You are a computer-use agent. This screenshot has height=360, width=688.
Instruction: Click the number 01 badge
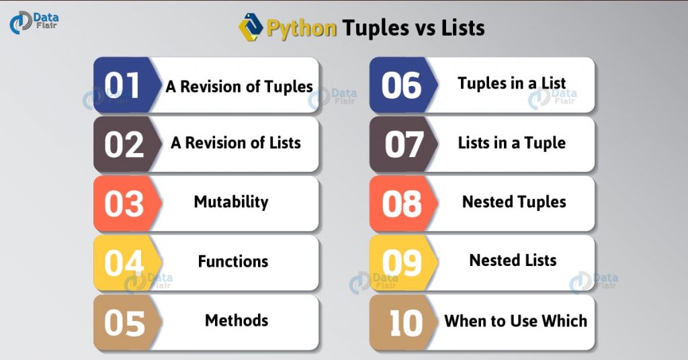click(x=123, y=85)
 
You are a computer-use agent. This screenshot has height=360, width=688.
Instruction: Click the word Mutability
click(x=231, y=201)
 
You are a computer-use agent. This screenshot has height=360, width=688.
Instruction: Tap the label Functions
click(x=232, y=261)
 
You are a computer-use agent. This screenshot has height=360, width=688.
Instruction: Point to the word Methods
click(x=236, y=320)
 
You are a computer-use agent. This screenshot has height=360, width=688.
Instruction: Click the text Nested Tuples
click(x=514, y=201)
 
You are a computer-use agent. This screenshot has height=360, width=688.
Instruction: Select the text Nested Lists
click(x=513, y=261)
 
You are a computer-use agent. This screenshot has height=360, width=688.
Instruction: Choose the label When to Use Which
click(x=515, y=320)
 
